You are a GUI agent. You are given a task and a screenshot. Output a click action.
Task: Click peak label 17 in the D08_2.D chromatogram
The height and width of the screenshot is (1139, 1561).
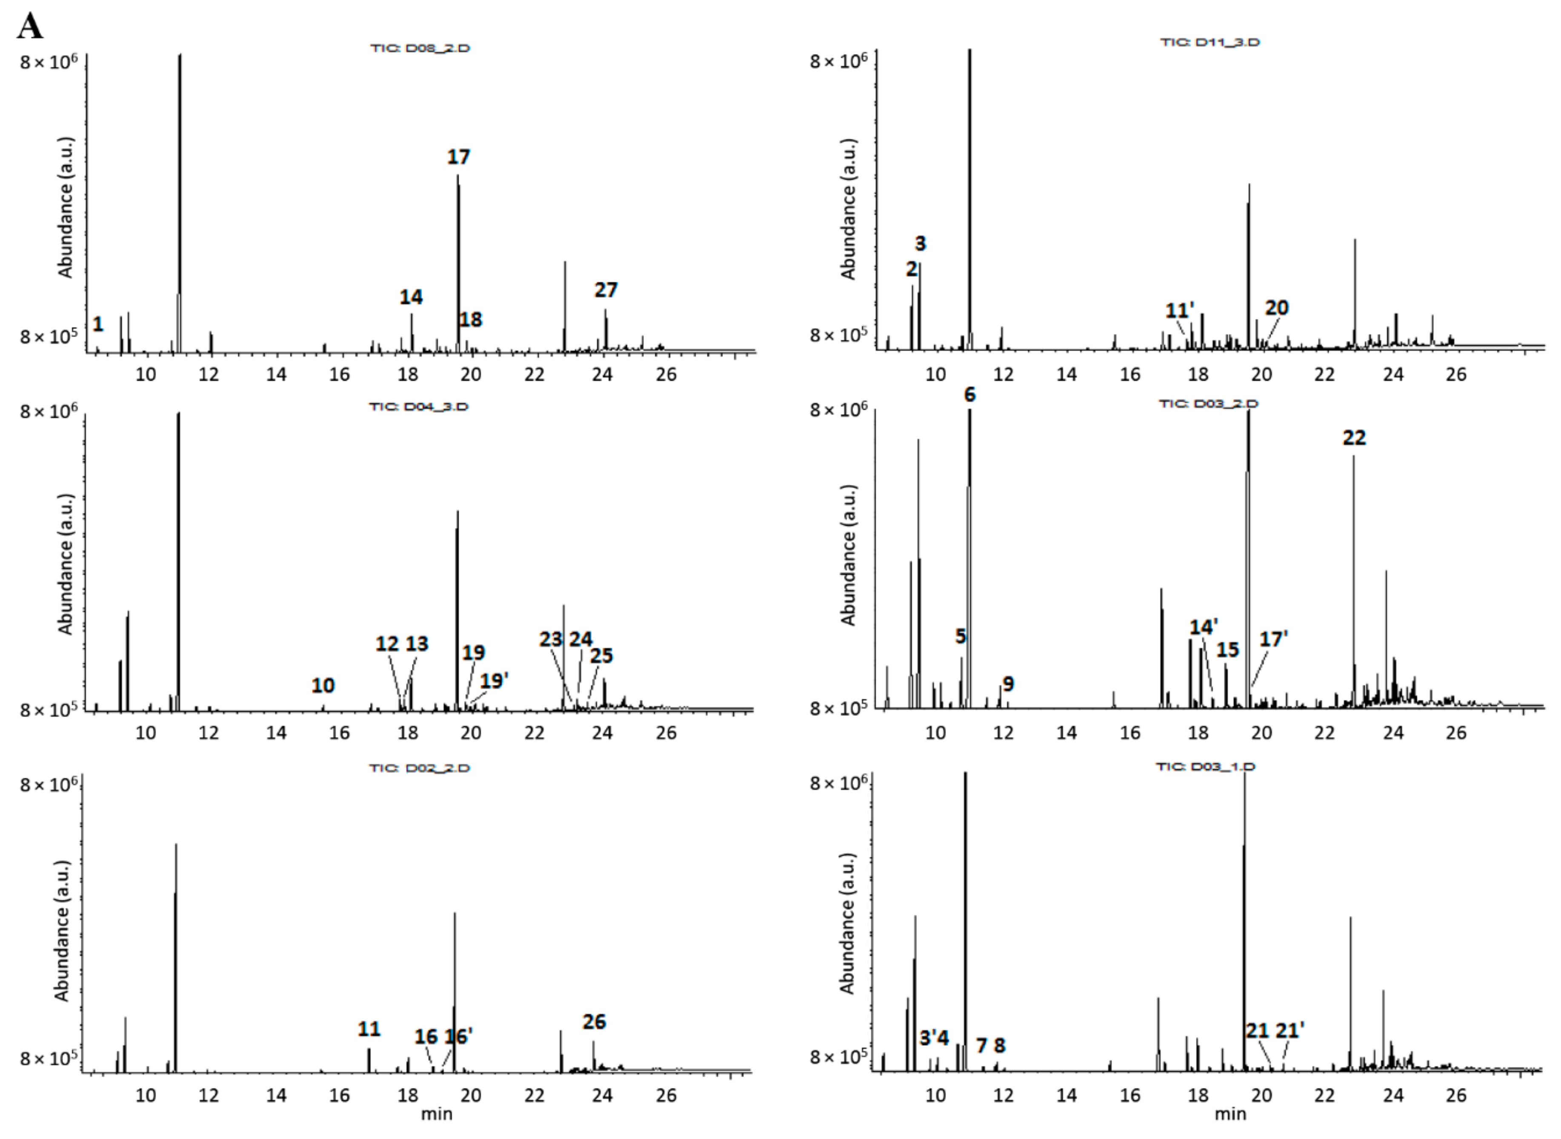pos(458,157)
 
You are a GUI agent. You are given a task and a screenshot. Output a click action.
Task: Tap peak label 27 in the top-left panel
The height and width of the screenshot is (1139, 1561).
pos(606,290)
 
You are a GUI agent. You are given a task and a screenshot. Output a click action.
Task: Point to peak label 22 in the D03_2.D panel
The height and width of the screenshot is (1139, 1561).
pos(1354,438)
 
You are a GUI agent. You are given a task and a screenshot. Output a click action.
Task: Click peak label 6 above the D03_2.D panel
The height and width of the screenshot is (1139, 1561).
pos(970,395)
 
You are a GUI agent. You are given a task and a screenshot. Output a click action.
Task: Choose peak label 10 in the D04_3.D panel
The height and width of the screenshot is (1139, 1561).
pos(323,685)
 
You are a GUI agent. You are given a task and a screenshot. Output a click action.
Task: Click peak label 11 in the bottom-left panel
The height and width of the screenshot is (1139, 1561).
pos(369,1029)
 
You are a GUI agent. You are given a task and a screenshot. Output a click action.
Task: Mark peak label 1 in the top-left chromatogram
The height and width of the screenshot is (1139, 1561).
pos(98,324)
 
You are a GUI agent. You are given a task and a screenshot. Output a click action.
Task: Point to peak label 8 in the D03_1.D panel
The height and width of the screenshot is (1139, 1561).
pos(999,1045)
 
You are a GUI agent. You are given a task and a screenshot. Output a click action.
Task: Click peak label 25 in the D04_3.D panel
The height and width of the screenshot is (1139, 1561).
pos(601,655)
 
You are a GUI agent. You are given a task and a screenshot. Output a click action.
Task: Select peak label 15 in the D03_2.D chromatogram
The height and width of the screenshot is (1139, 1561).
pos(1227,650)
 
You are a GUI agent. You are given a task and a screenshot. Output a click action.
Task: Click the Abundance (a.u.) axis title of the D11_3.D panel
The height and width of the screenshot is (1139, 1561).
pos(849,209)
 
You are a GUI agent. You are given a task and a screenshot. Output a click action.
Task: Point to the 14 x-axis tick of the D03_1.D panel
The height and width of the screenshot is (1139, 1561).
pos(1066,1095)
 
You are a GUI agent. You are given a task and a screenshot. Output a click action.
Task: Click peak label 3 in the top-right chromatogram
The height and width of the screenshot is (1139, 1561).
pos(920,243)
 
